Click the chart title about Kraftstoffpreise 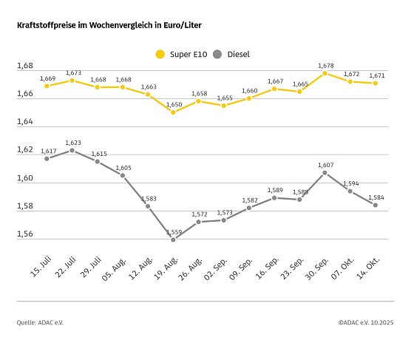click(x=108, y=25)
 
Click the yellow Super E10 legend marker click(x=159, y=54)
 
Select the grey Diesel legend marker click(x=217, y=54)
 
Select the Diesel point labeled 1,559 click(x=173, y=240)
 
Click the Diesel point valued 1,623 click(x=72, y=150)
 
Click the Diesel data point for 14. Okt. click(x=376, y=205)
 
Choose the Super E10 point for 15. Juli click(x=47, y=86)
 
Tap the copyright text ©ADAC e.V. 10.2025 click(x=366, y=322)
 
